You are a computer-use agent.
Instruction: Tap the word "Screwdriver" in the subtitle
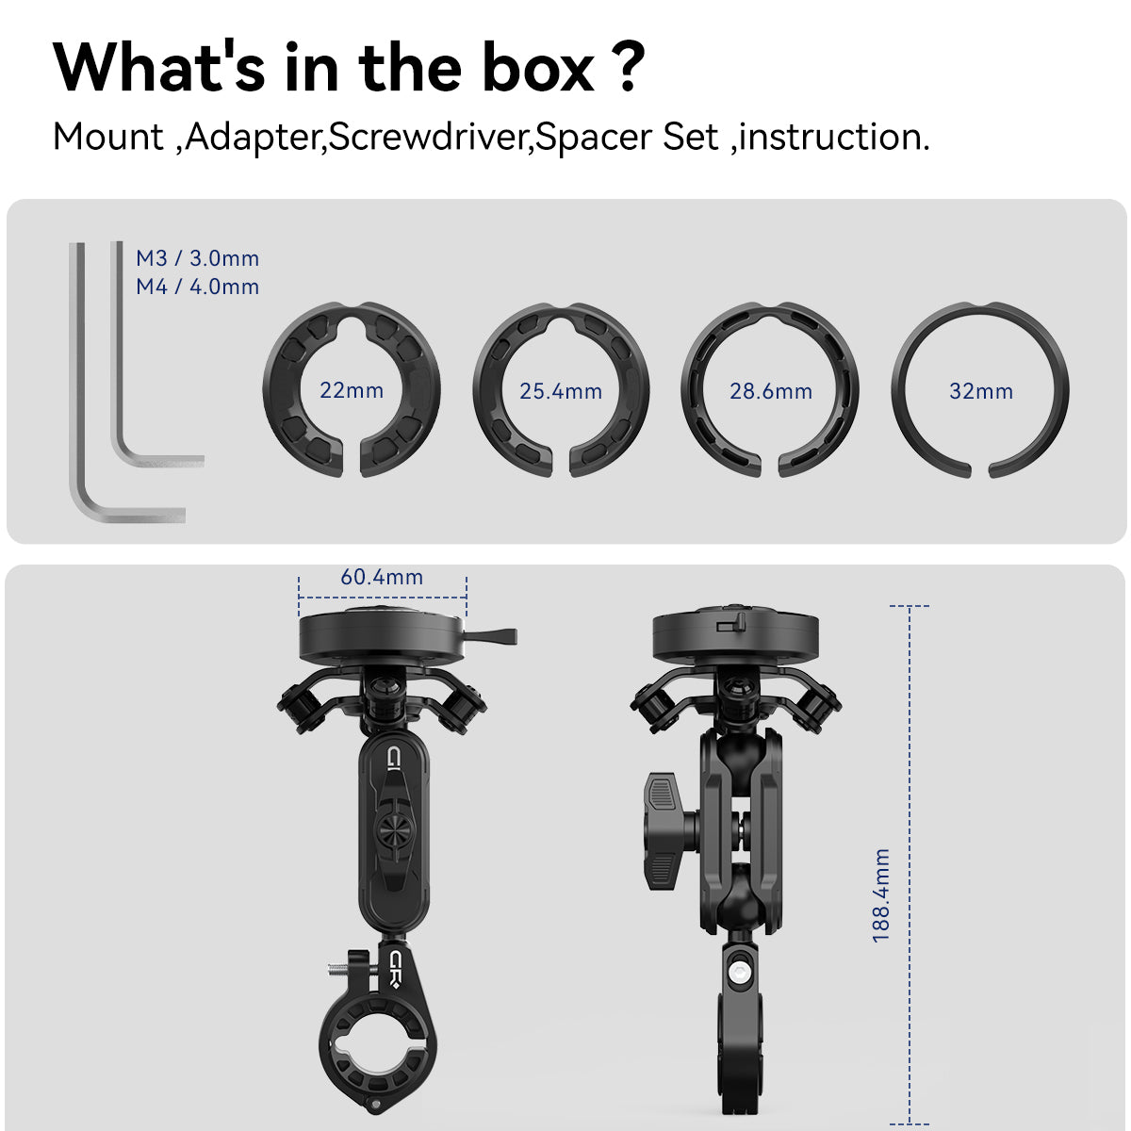429,138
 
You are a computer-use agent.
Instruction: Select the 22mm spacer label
352,390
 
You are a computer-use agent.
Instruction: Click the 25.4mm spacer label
561,391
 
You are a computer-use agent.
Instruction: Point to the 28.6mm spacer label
771,391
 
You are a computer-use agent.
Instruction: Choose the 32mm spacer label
981,391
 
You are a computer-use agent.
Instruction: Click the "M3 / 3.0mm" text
197,258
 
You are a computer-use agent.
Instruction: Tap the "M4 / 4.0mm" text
197,287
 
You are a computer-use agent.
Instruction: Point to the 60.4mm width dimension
382,577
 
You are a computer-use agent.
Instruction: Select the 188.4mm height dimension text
881,895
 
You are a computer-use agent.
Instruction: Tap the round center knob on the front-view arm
393,829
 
